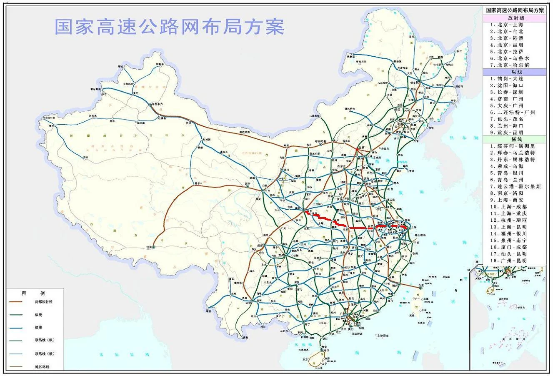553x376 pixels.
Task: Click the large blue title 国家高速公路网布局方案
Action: pos(170,26)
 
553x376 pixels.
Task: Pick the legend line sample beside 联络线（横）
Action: pos(19,354)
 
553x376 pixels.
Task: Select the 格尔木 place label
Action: pos(199,183)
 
